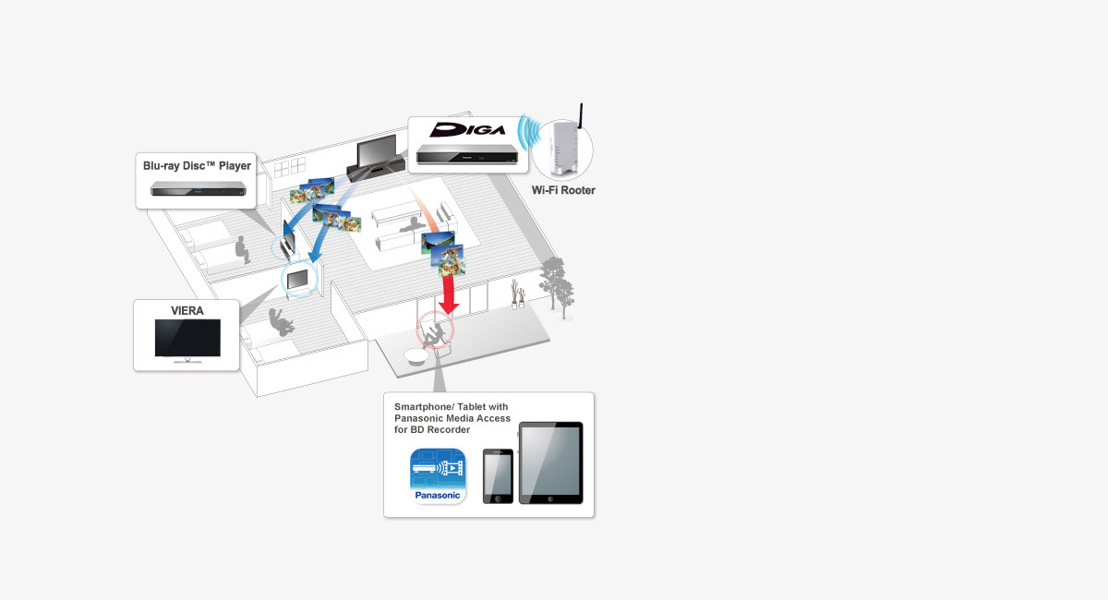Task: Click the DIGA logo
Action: [x=469, y=129]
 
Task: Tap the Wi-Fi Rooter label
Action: [x=563, y=190]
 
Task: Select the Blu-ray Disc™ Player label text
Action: [x=197, y=166]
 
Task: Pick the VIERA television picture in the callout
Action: [x=187, y=340]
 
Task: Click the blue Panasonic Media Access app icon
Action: [x=439, y=474]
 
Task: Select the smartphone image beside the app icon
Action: [x=498, y=476]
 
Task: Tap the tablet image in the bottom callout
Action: [x=550, y=463]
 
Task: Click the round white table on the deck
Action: [x=417, y=358]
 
